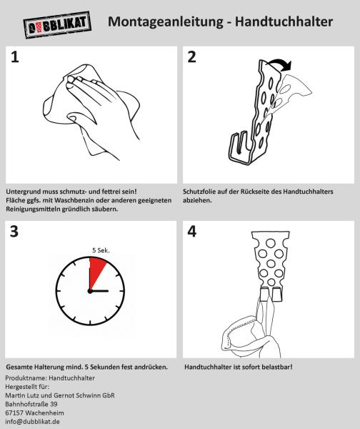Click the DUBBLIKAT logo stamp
[x=57, y=25]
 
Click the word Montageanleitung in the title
[x=166, y=22]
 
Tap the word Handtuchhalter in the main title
[x=284, y=21]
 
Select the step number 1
[x=15, y=57]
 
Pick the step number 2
[x=192, y=57]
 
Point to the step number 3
[x=14, y=232]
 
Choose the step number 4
[x=192, y=232]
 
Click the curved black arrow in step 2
[x=280, y=63]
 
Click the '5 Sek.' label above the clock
[x=101, y=250]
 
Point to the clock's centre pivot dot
[x=90, y=291]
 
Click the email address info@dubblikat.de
[x=32, y=421]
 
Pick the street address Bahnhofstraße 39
[x=31, y=404]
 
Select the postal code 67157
[x=14, y=413]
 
